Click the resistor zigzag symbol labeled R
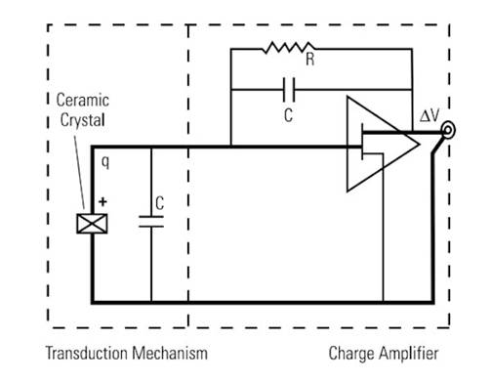tap(288, 48)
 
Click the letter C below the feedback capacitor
tap(287, 115)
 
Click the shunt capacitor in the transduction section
tap(151, 222)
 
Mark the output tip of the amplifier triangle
tap(420, 146)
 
